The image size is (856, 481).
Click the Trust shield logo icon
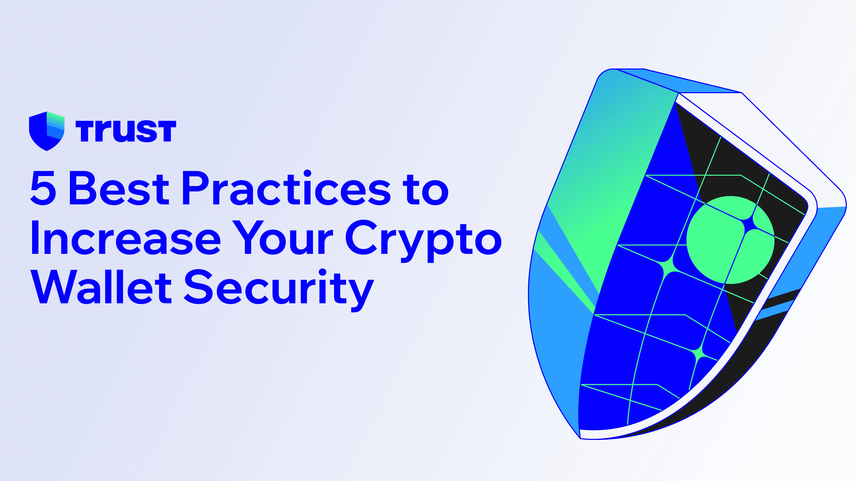click(x=46, y=131)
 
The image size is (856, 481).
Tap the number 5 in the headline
click(x=43, y=188)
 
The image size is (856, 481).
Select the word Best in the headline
click(x=119, y=188)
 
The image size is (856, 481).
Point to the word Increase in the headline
click(x=126, y=238)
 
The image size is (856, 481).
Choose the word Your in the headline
click(x=283, y=238)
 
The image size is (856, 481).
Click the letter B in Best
click(x=82, y=188)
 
